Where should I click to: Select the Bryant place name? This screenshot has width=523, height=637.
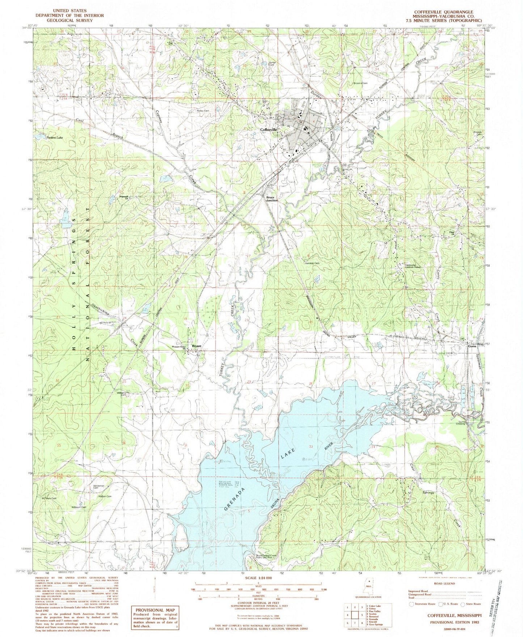pos(197,346)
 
